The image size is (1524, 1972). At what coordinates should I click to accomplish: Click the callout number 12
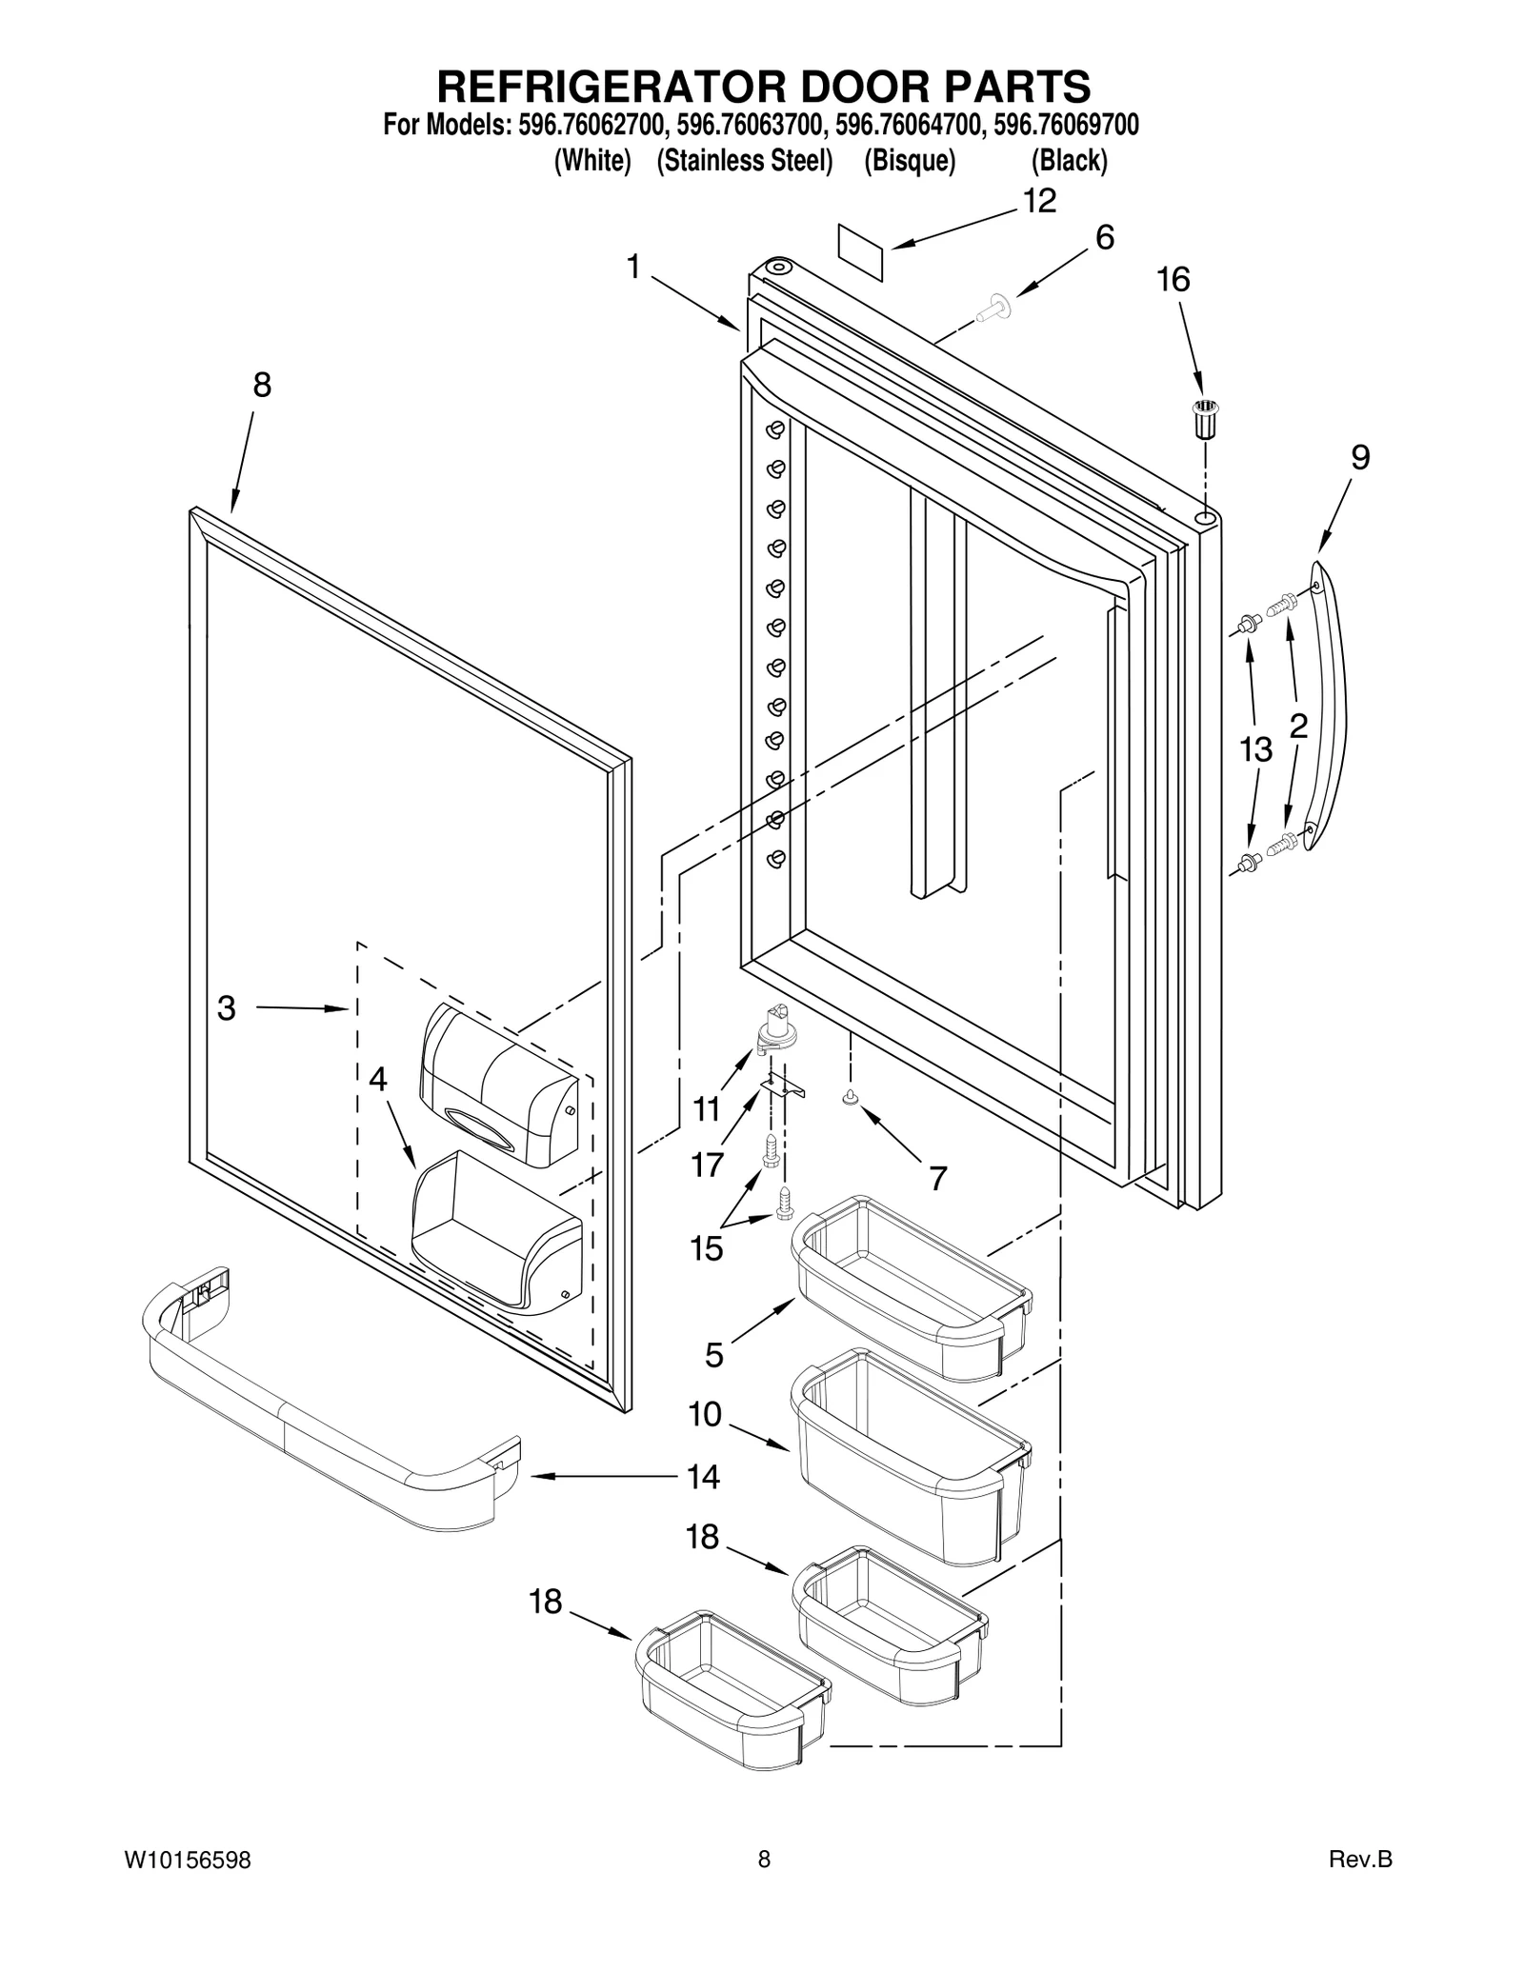point(1040,201)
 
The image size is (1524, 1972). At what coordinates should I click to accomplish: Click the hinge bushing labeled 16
point(1207,418)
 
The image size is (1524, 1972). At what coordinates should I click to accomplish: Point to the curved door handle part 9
point(1336,705)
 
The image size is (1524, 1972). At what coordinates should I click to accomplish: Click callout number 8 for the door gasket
point(262,385)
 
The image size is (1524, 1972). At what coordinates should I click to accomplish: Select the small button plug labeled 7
point(849,1100)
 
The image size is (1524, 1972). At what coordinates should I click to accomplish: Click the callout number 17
point(708,1164)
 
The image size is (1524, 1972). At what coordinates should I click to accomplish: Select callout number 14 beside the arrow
point(703,1477)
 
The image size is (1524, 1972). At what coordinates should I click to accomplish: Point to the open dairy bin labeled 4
point(495,1233)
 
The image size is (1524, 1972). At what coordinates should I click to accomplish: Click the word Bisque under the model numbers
point(909,161)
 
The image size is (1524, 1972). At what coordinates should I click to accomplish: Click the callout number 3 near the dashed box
point(226,1007)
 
